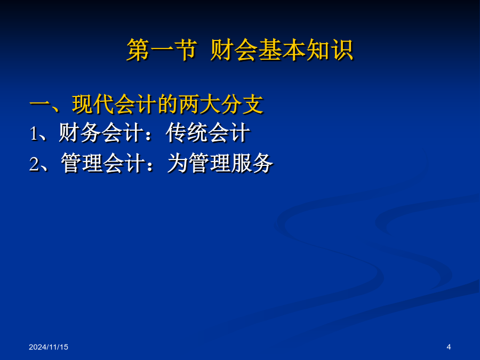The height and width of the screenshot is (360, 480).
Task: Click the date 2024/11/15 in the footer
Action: coord(49,347)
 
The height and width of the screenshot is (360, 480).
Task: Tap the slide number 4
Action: coord(449,347)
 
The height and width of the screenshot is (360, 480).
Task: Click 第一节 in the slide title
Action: coord(162,50)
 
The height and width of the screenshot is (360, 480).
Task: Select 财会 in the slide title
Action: coord(234,50)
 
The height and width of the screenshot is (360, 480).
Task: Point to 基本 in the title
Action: coord(281,50)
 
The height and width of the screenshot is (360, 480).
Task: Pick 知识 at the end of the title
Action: coord(330,50)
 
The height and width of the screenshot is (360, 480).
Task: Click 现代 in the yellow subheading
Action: coord(93,105)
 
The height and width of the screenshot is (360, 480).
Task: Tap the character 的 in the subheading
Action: coord(168,105)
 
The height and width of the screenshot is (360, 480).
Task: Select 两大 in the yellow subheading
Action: coord(200,105)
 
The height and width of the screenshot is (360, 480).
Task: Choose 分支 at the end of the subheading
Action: coord(243,105)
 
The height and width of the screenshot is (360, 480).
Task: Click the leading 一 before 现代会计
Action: coord(40,105)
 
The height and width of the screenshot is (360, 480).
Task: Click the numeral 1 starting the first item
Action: coord(34,134)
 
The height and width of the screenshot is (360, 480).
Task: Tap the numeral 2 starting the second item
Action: coord(34,164)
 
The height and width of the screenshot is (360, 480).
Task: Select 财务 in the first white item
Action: coord(79,133)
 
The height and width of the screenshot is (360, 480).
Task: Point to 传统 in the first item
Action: coord(187,133)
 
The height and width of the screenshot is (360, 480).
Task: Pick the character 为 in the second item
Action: coord(178,163)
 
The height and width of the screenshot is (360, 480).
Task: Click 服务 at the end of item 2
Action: coord(252,163)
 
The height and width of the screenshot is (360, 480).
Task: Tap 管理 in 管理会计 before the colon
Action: coord(82,163)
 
